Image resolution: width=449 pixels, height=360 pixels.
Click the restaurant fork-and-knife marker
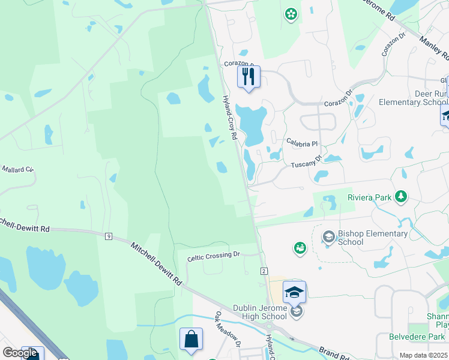click(249, 77)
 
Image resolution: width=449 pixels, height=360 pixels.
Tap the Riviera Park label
click(369, 197)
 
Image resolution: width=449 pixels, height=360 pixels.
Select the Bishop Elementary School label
click(373, 238)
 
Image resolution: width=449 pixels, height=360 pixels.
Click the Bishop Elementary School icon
click(328, 237)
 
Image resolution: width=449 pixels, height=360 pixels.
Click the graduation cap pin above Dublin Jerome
click(295, 292)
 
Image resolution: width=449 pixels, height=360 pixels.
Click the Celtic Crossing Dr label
click(213, 255)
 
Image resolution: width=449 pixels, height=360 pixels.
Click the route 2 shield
click(264, 272)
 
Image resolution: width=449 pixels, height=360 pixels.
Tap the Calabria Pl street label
click(301, 143)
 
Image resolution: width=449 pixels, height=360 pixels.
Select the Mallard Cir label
click(17, 170)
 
